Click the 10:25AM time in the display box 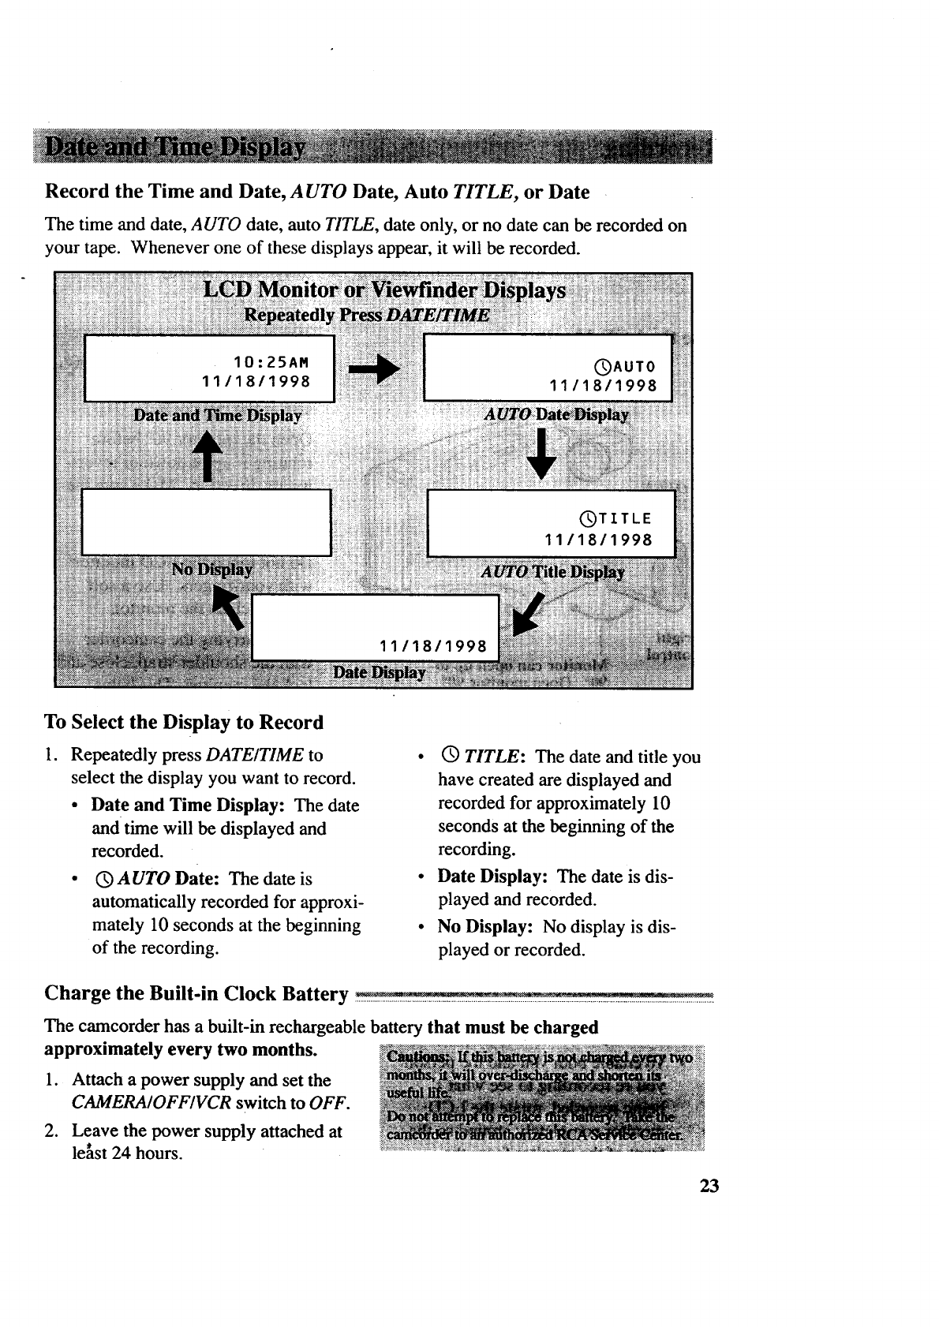[x=269, y=363]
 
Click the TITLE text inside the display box [x=624, y=518]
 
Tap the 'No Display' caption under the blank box [x=212, y=569]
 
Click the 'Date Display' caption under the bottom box [x=380, y=672]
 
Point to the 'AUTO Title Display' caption [x=553, y=572]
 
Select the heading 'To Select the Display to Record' [x=185, y=723]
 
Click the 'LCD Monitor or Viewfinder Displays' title [x=384, y=291]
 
